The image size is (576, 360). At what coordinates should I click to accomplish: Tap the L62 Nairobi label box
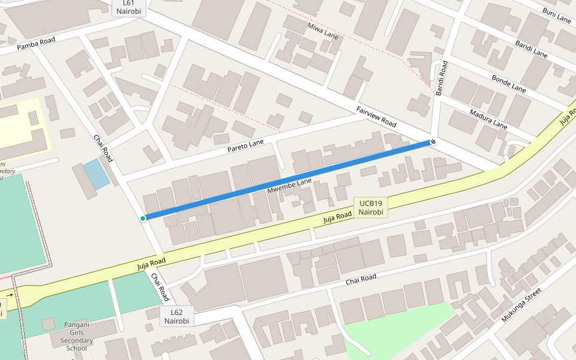[x=176, y=316]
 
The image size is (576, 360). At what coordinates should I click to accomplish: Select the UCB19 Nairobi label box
[x=370, y=208]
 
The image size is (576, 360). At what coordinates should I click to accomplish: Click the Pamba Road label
[x=36, y=43]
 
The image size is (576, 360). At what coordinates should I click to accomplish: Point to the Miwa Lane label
[x=323, y=31]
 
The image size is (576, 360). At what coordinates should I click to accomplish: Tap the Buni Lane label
[x=557, y=16]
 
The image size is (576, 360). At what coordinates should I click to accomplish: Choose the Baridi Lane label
[x=531, y=49]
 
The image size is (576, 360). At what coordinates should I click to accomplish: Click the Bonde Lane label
[x=509, y=83]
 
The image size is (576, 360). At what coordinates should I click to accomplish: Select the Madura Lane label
[x=488, y=119]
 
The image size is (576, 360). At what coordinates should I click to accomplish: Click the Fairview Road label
[x=376, y=116]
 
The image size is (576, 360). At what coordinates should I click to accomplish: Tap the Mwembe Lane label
[x=289, y=185]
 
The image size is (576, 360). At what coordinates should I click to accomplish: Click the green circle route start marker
[x=143, y=218]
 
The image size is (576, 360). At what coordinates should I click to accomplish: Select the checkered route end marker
[x=433, y=142]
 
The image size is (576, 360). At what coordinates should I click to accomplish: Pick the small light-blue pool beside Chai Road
[x=96, y=174]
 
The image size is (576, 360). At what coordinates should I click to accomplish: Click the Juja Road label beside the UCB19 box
[x=337, y=217]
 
